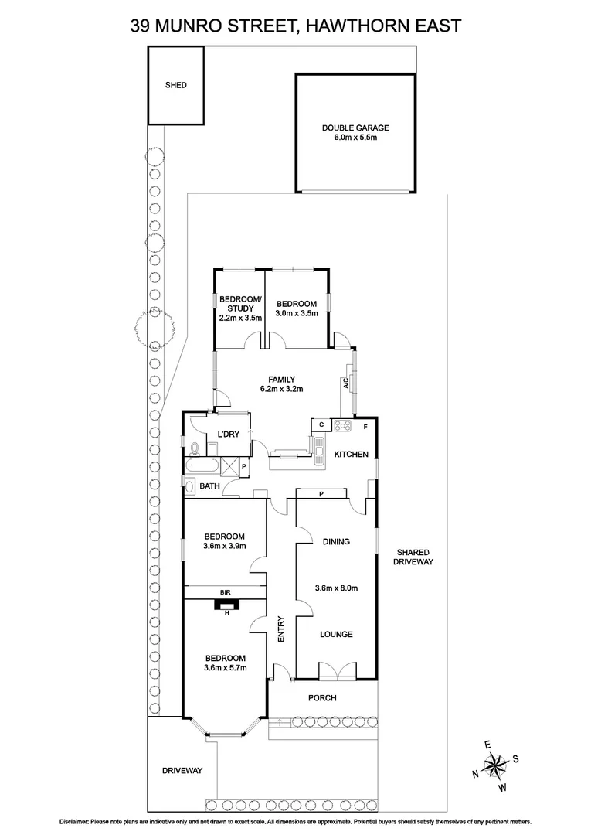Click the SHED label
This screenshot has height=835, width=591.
[x=176, y=86]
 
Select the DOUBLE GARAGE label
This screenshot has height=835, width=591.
[x=355, y=128]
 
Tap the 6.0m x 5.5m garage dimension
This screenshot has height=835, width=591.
[x=355, y=138]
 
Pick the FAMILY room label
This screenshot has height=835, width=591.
[x=281, y=379]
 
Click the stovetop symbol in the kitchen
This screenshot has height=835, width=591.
[x=342, y=425]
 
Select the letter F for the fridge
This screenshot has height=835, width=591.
[x=365, y=426]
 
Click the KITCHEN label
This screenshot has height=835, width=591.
[x=351, y=455]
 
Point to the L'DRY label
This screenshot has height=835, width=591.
[x=228, y=435]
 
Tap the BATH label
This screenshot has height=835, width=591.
[x=209, y=486]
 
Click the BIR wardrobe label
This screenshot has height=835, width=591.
[x=226, y=592]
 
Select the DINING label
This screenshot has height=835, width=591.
[x=336, y=542]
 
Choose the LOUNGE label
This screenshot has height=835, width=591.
[x=336, y=634]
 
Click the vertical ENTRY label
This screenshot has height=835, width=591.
[x=281, y=629]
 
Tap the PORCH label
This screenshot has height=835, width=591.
[x=322, y=698]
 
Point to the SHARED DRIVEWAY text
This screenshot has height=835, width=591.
[x=413, y=557]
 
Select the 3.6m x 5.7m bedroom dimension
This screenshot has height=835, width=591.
[x=225, y=668]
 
